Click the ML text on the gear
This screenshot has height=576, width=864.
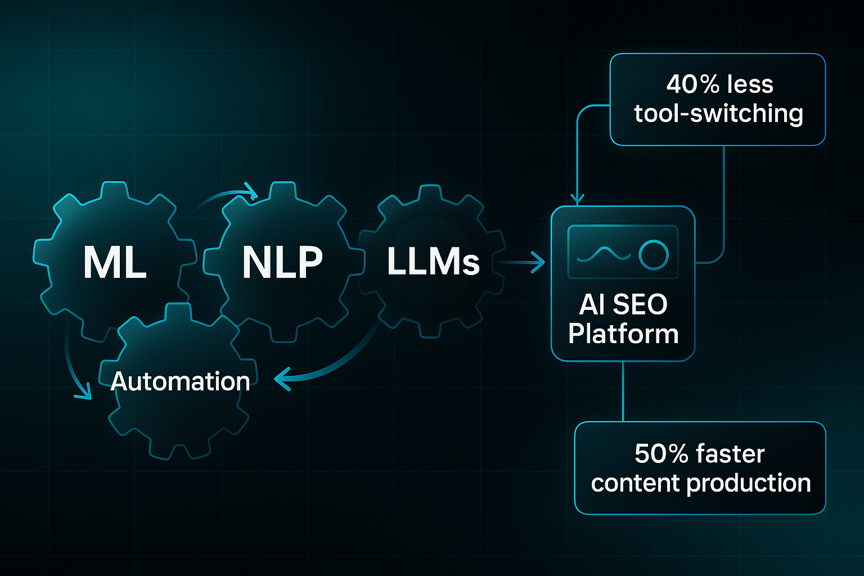(115, 263)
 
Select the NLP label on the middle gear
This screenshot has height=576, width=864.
(282, 263)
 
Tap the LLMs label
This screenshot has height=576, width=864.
(433, 262)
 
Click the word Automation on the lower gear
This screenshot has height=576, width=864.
(180, 381)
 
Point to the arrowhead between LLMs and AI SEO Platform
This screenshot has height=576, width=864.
(539, 262)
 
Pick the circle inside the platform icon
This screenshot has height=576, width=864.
(653, 255)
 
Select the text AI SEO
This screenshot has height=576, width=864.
(623, 304)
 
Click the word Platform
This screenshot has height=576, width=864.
(623, 334)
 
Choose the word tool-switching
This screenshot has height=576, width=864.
(718, 114)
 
